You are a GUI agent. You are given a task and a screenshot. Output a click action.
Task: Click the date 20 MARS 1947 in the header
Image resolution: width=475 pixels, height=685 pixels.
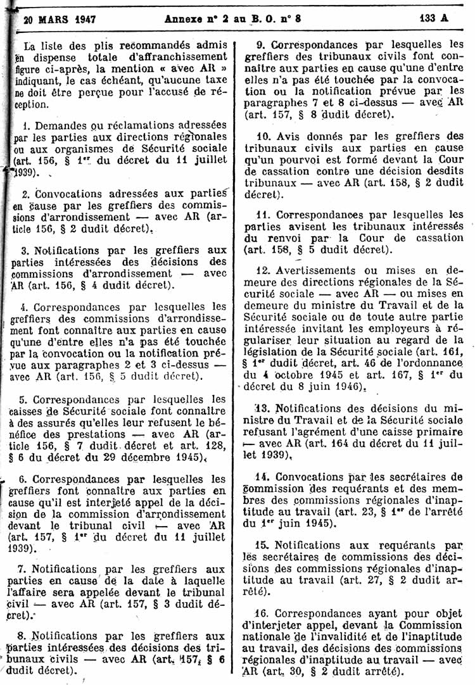tap(60, 18)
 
